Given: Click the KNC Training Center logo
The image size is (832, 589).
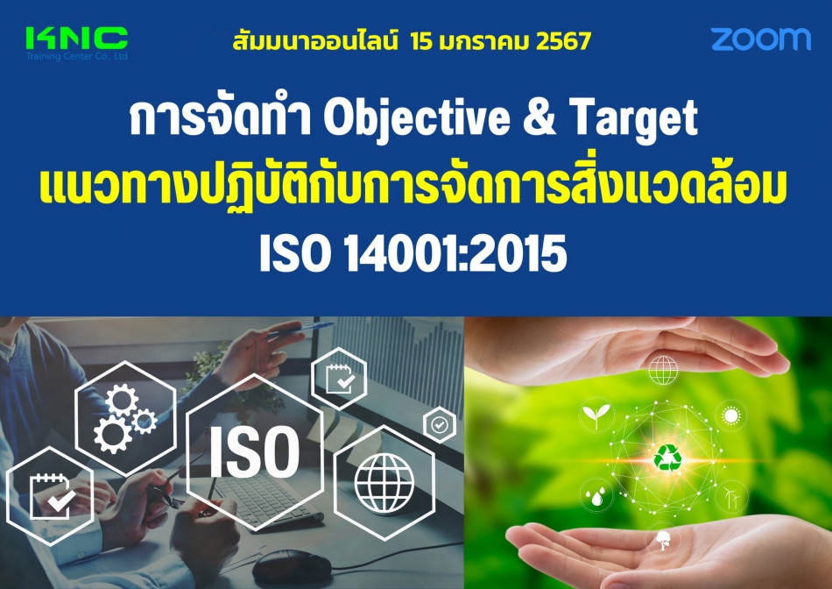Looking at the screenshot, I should [77, 40].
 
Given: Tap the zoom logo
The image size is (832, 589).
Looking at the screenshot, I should [760, 39].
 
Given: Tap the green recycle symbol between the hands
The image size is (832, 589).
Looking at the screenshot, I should [667, 457].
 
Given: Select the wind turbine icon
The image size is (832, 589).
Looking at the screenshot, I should [729, 497].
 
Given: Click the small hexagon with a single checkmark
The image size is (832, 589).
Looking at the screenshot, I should [439, 425].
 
